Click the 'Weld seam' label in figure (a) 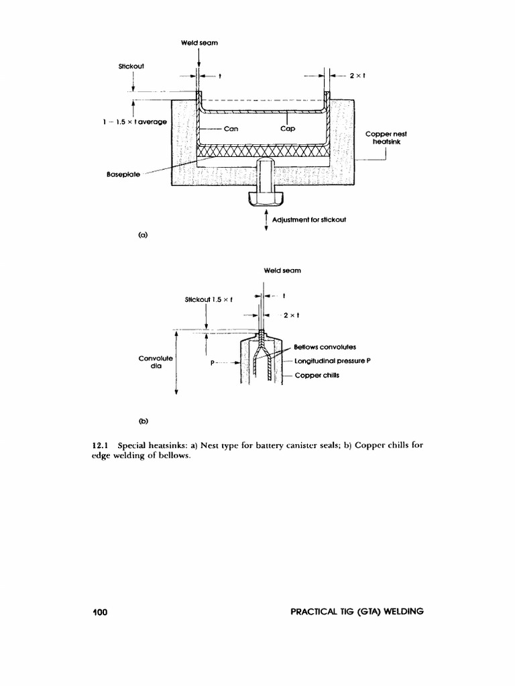pos(199,43)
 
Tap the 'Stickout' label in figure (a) pos(132,66)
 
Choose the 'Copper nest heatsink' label pos(386,138)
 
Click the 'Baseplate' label pos(122,174)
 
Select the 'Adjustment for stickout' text pos(308,219)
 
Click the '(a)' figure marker pos(142,235)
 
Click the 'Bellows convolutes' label pos(325,347)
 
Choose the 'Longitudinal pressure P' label pos(333,360)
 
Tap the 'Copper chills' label pos(317,375)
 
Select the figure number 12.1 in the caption pos(100,445)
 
